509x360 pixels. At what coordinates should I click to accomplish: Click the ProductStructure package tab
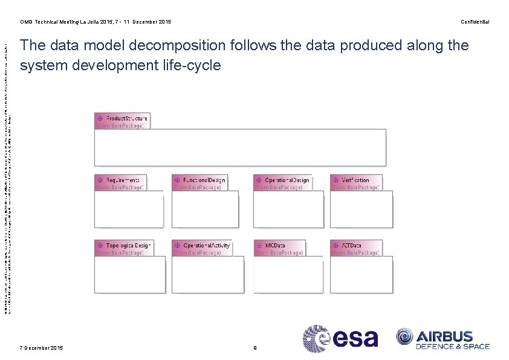tap(122, 121)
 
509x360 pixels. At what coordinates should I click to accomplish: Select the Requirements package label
tap(123, 180)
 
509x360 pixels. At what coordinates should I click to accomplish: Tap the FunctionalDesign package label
tap(204, 180)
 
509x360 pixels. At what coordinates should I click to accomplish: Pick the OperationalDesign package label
tap(287, 180)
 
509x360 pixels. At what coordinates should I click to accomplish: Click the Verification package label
tap(355, 180)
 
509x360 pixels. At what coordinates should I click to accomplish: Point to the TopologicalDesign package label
tap(128, 246)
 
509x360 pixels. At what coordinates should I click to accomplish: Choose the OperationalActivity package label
tap(206, 246)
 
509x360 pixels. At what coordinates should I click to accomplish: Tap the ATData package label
tap(351, 246)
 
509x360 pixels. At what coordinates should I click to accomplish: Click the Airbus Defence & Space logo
tap(443, 339)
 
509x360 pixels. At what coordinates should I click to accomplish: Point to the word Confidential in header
tap(475, 22)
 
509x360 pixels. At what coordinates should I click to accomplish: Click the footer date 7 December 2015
tap(41, 348)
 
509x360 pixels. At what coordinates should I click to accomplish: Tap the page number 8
tap(255, 348)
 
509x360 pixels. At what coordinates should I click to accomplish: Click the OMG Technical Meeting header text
tap(95, 22)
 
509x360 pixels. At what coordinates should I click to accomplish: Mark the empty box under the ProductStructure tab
tap(239, 147)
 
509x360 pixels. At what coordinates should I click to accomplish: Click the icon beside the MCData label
tap(259, 246)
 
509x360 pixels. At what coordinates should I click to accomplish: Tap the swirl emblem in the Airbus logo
tap(405, 337)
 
